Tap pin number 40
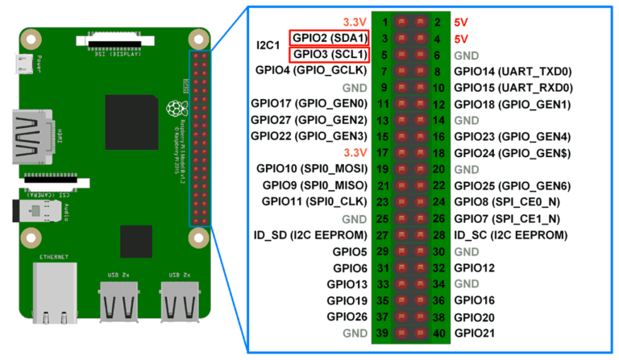(439, 333)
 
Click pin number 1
(386, 22)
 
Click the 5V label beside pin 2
(462, 22)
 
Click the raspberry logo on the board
(173, 110)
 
